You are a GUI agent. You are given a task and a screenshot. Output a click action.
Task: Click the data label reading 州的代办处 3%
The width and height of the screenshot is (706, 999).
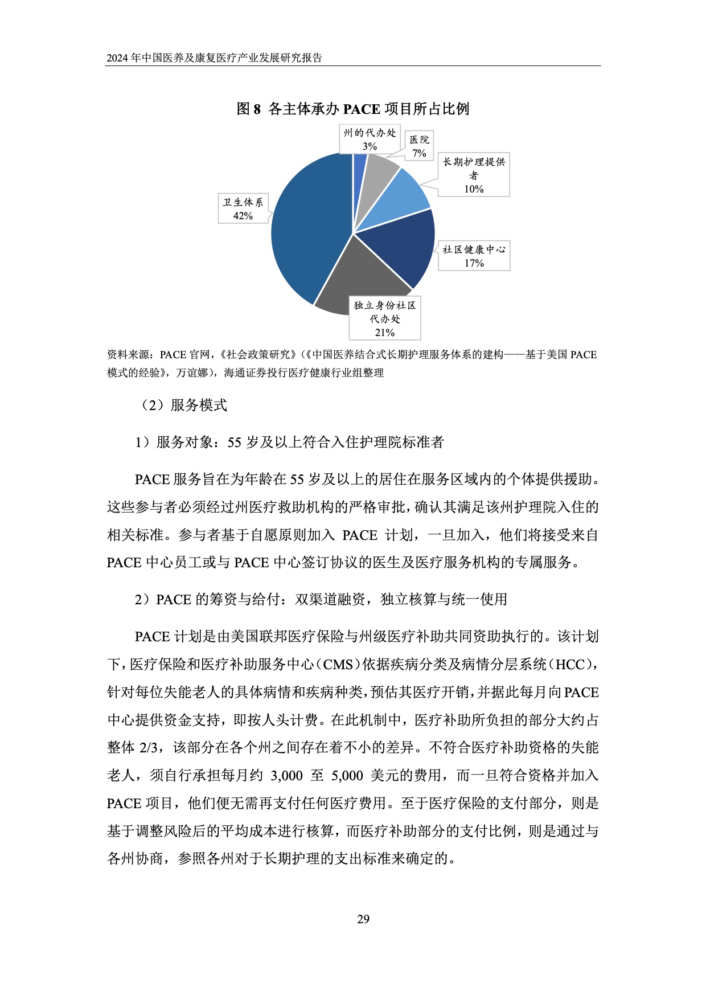[370, 140]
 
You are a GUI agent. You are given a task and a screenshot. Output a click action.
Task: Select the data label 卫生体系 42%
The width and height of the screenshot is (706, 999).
[243, 209]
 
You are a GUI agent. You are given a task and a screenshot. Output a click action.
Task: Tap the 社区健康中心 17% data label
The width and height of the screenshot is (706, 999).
[474, 256]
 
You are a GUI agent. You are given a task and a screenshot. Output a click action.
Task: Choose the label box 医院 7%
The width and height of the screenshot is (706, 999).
[420, 146]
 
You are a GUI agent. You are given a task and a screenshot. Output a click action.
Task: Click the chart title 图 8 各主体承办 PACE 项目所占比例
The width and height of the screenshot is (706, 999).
[352, 109]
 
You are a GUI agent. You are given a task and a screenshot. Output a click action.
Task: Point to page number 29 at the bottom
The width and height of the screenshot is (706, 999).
[363, 919]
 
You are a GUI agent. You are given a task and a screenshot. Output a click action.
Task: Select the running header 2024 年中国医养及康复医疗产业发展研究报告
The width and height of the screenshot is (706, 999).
[215, 58]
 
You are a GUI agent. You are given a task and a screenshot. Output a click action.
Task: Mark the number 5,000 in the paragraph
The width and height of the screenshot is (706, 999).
[347, 776]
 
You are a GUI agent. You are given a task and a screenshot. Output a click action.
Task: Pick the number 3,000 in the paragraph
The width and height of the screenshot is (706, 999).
[286, 776]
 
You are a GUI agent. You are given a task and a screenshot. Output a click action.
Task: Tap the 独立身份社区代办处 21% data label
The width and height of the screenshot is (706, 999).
[385, 319]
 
